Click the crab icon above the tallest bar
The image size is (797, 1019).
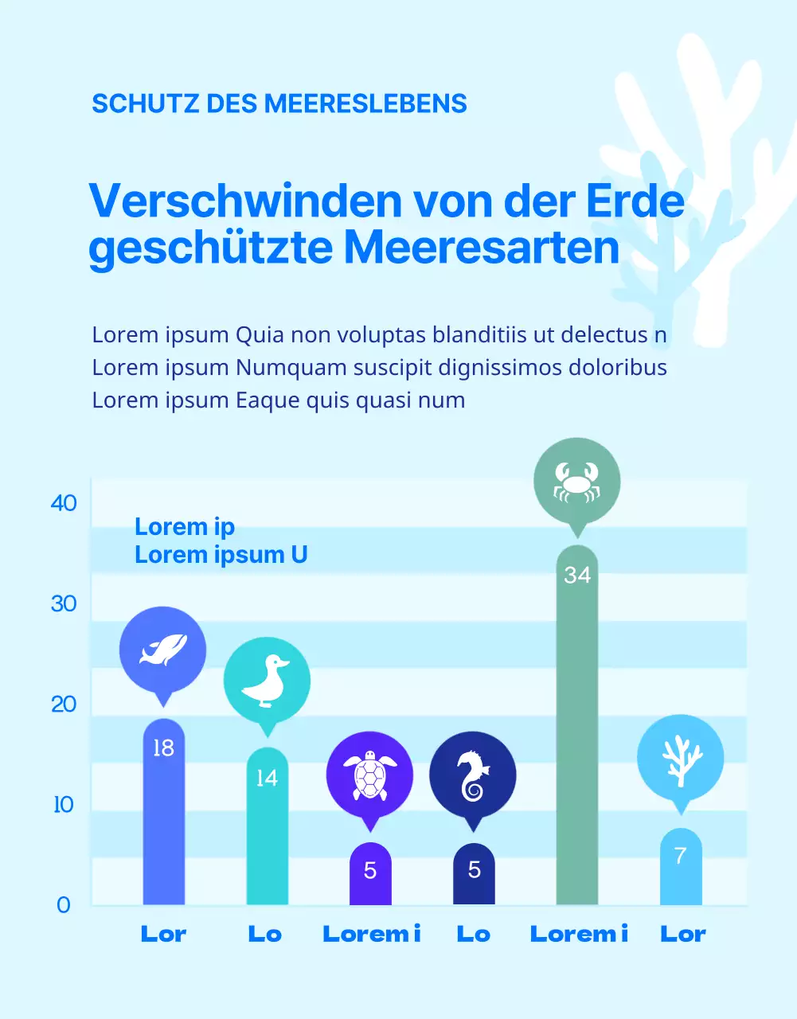[576, 481]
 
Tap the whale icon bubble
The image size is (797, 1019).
[162, 650]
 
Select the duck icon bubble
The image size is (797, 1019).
[267, 681]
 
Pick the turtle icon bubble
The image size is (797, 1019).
[369, 775]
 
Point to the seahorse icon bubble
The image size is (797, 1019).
[473, 775]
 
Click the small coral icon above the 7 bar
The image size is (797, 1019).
[680, 758]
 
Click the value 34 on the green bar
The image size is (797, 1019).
[577, 575]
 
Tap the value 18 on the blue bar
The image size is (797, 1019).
[163, 748]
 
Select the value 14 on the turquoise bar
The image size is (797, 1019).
[267, 778]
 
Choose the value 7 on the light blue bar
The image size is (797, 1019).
[680, 856]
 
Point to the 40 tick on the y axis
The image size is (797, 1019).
[64, 503]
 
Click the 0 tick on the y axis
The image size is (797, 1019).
[64, 905]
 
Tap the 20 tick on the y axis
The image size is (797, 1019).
[64, 705]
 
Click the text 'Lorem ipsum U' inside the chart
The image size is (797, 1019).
[221, 555]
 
